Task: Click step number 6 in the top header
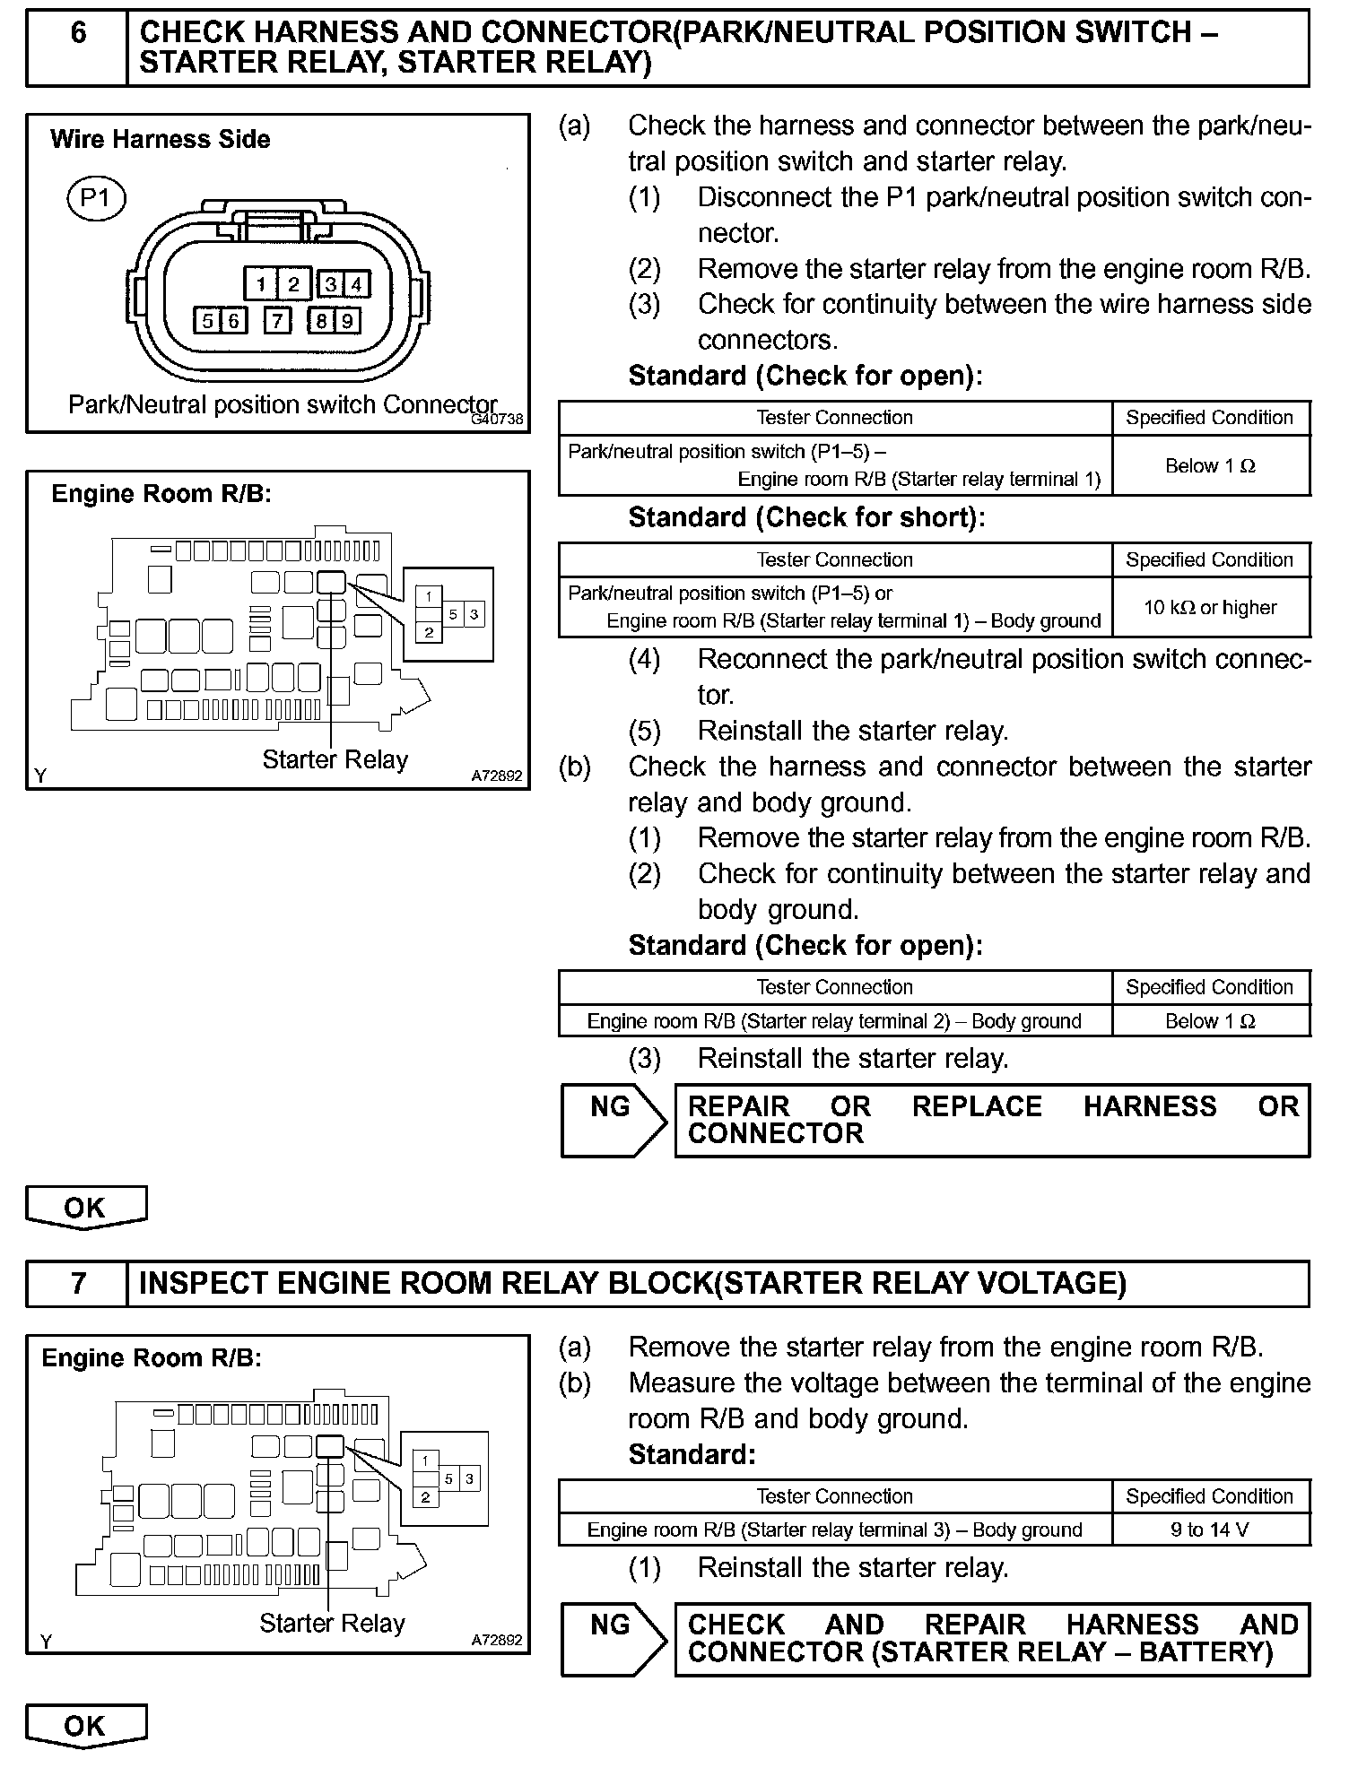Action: click(x=78, y=34)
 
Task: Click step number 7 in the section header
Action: click(x=78, y=1283)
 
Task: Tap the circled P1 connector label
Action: click(x=96, y=197)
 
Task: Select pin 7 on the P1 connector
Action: click(x=278, y=320)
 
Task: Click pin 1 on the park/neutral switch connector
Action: click(x=260, y=284)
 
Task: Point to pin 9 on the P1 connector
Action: click(x=347, y=320)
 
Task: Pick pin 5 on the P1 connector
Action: click(x=208, y=320)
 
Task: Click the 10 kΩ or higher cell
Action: click(x=1210, y=607)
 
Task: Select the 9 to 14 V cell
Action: click(x=1210, y=1530)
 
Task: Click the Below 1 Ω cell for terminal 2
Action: click(x=1210, y=1020)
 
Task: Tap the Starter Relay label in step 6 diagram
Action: click(x=335, y=760)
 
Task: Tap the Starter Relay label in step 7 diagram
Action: click(x=332, y=1624)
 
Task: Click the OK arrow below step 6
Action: click(x=85, y=1208)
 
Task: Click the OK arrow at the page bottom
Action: click(x=85, y=1725)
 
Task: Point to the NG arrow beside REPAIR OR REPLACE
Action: click(x=613, y=1119)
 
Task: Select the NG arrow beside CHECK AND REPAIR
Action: click(x=613, y=1638)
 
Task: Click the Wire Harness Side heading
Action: click(x=161, y=139)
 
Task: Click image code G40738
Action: click(x=497, y=419)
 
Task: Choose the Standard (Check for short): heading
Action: click(x=806, y=517)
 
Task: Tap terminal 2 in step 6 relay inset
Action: click(x=429, y=632)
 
